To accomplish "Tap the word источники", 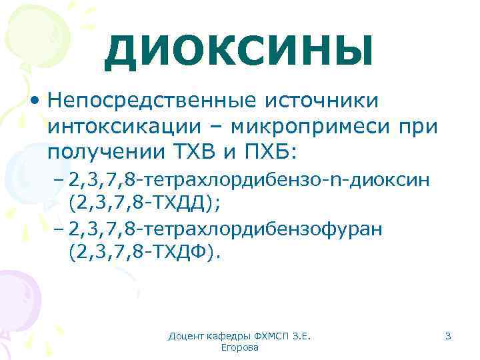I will [x=321, y=101].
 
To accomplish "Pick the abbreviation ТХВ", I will [x=195, y=152].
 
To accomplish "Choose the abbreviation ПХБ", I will [x=273, y=152].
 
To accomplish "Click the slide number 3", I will [x=448, y=337].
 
